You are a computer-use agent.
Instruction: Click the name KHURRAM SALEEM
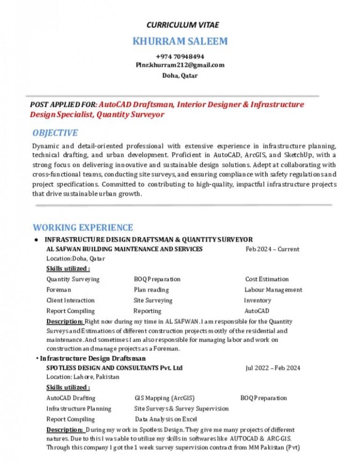coord(180,41)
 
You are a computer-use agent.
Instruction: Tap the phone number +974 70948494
coord(180,57)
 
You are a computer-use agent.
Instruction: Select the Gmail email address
coord(180,65)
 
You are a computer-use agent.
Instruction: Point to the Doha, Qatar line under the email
coord(180,75)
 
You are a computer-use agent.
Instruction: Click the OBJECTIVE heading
coord(55,133)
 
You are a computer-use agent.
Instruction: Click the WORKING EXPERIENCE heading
coord(82,227)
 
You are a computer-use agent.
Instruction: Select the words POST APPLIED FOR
coord(63,104)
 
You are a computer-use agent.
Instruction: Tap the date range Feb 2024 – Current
coord(272,249)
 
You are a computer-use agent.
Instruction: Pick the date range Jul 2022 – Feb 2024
coord(273,368)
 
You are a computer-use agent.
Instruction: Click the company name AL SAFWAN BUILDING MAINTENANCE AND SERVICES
coord(125,249)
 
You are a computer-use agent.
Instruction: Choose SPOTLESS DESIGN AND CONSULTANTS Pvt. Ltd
coord(114,368)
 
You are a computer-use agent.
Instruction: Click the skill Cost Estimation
coord(267,279)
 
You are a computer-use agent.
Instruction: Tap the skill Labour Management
coord(273,290)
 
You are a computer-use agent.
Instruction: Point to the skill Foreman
coord(59,290)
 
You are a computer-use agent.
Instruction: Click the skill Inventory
coord(257,301)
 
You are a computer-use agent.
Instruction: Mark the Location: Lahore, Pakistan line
coord(82,377)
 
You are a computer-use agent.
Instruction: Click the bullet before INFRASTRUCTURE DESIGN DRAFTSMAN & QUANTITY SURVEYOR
coord(36,240)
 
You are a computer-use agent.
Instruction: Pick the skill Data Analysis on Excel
coord(166,419)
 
